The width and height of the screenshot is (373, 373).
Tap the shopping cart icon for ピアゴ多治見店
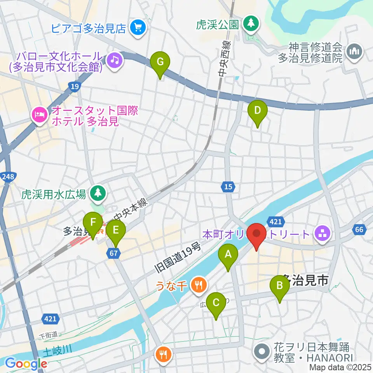point(138,28)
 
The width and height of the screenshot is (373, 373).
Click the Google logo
point(26,363)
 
